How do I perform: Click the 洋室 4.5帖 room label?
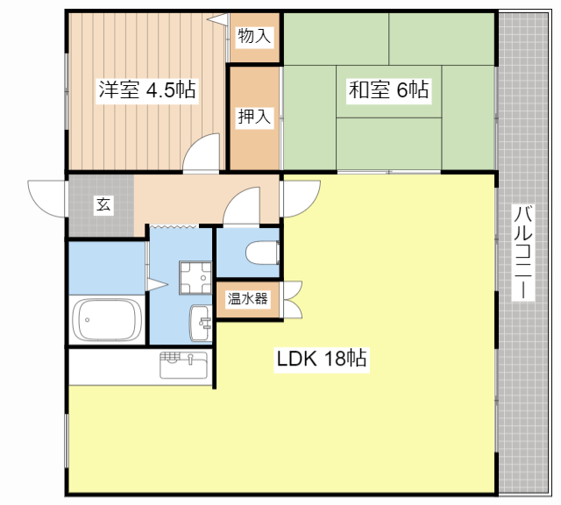pos(146,89)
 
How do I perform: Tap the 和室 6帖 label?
pos(389,89)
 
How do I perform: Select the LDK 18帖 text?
pos(322,359)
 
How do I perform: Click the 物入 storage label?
pos(255,37)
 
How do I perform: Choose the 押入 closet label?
pos(255,116)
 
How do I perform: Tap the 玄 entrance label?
pos(103,205)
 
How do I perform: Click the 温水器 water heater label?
pos(248,298)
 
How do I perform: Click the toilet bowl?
pos(261,253)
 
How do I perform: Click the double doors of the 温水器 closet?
pos(291,299)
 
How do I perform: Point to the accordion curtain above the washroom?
pos(181,228)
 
